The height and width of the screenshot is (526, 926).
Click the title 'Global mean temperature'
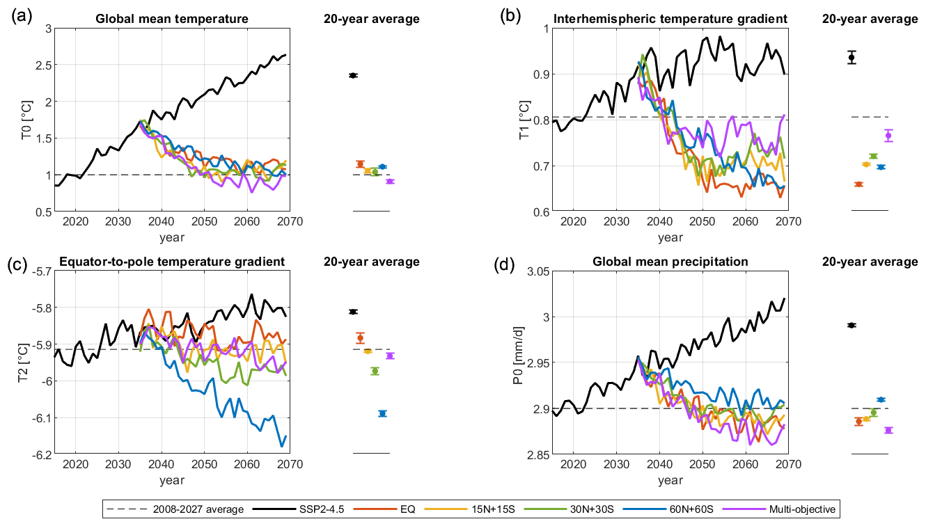[x=172, y=19]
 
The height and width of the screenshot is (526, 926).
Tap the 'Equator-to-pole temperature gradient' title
[x=172, y=262]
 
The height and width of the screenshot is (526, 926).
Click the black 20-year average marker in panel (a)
[x=353, y=75]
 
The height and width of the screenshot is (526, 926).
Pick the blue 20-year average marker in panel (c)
[x=382, y=413]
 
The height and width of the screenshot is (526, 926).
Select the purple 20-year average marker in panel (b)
[x=888, y=136]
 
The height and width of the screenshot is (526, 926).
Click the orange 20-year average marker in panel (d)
[x=858, y=421]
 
